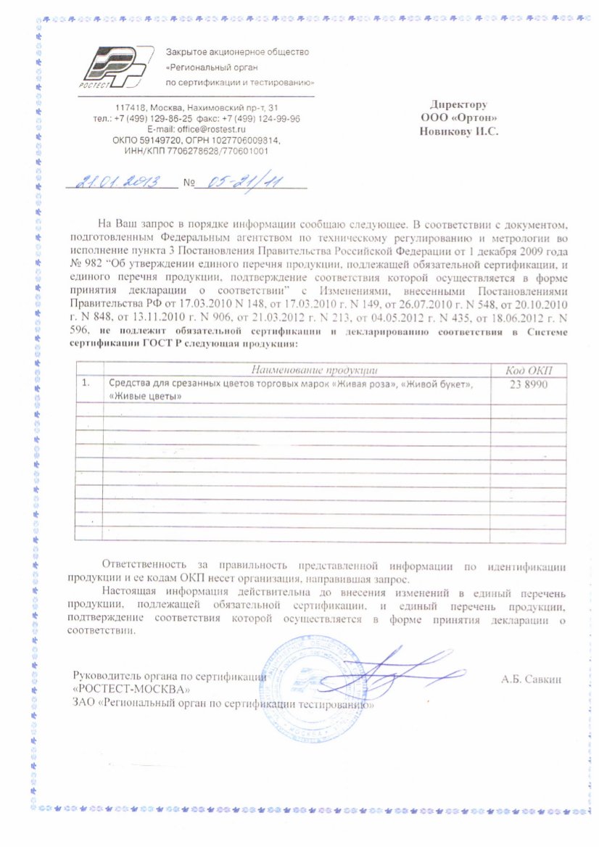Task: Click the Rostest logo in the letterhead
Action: pos(116,67)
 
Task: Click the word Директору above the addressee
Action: pos(458,104)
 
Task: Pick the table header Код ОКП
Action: pos(527,371)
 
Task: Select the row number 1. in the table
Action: pos(88,384)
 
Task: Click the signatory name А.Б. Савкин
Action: pos(532,679)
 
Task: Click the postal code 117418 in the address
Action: pos(128,107)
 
